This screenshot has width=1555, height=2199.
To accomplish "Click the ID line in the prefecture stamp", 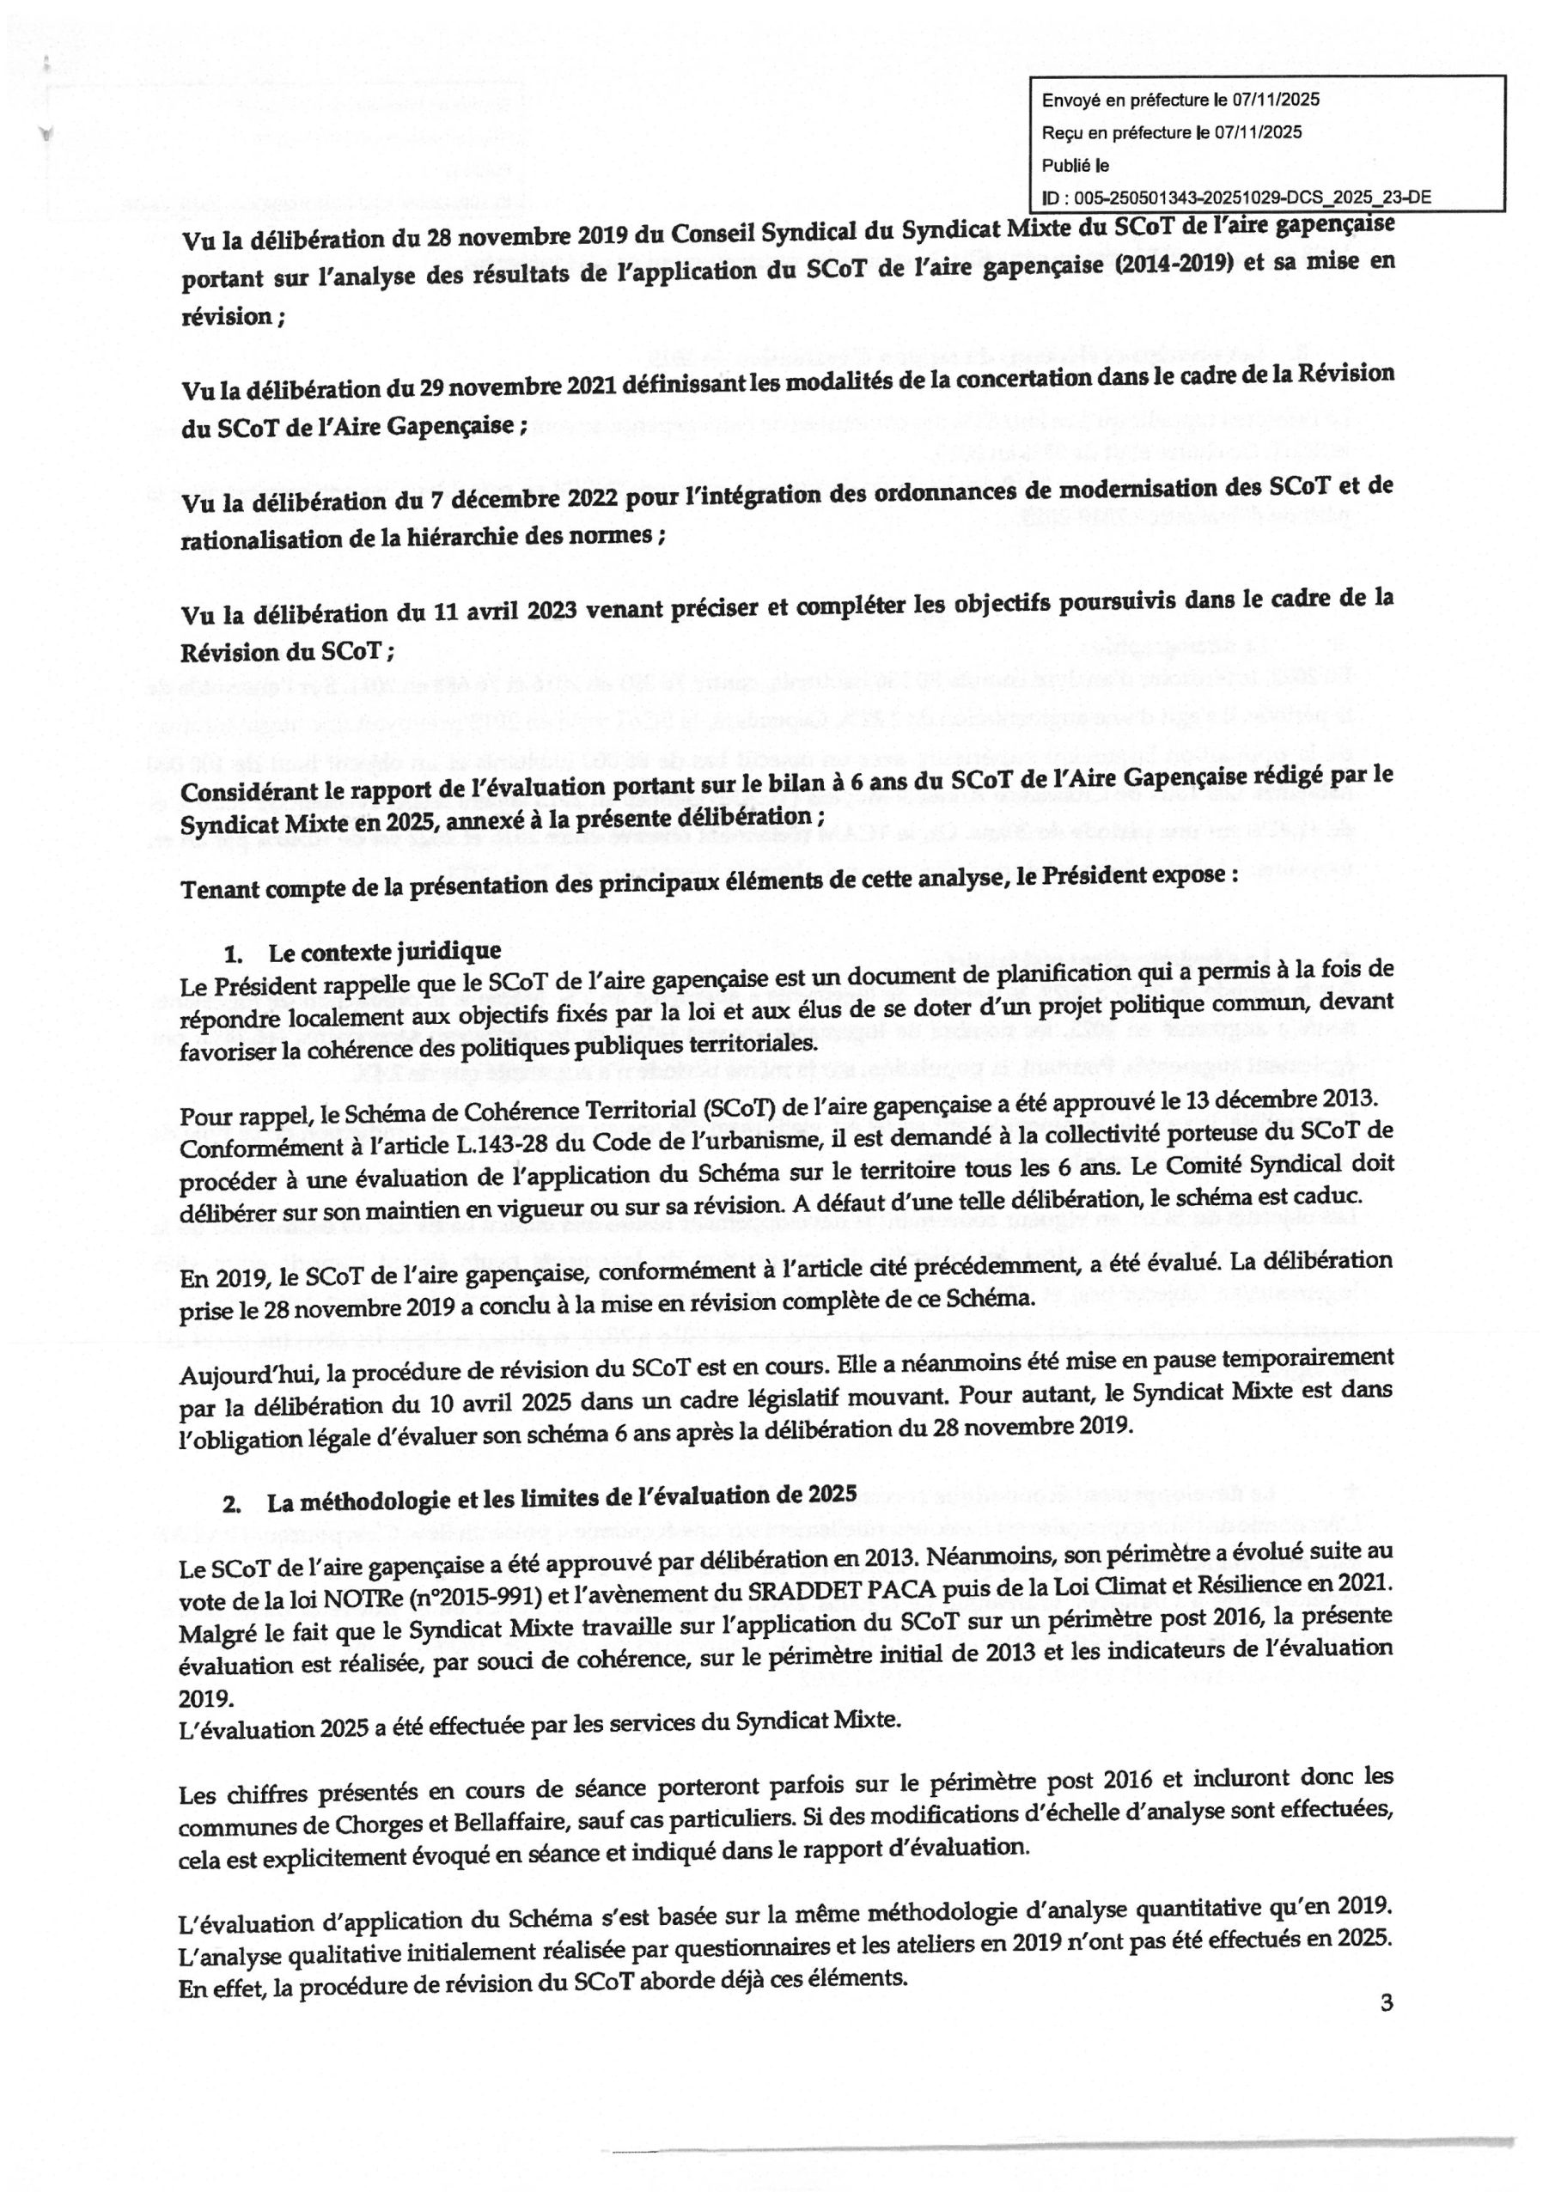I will tap(1236, 198).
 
